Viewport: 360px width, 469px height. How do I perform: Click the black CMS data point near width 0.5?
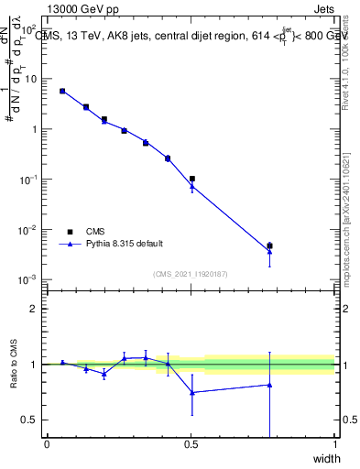[x=191, y=179]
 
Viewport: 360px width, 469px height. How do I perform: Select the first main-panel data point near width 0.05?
[x=62, y=91]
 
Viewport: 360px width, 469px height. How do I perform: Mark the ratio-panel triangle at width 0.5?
[x=191, y=392]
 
